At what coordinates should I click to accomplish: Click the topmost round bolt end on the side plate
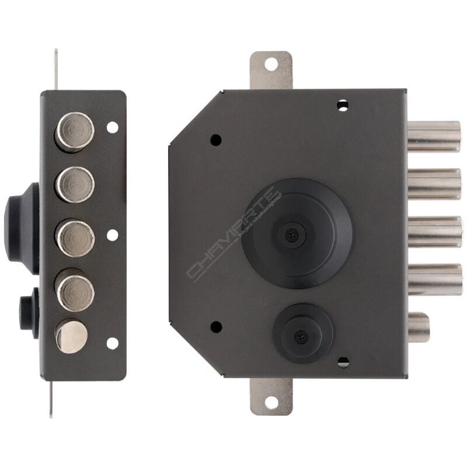(75, 131)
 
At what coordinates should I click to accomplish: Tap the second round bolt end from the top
(75, 183)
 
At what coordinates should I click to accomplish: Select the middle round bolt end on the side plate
(75, 237)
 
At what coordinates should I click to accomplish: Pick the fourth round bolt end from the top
(75, 288)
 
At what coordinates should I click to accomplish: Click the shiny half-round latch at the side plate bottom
(72, 336)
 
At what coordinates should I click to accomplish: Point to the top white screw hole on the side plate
(112, 127)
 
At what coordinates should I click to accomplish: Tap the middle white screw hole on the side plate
(112, 235)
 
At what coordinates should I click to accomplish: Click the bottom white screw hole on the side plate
(112, 343)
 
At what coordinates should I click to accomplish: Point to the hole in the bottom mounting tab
(271, 402)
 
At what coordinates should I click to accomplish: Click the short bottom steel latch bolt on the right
(419, 327)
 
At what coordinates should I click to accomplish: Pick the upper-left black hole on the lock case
(215, 140)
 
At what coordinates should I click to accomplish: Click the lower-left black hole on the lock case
(215, 327)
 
